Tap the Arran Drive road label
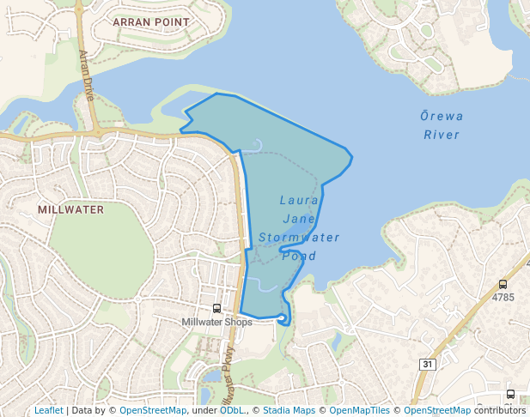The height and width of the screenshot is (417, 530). point(87,75)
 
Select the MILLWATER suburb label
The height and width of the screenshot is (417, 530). point(71,209)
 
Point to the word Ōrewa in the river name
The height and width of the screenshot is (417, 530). point(442,116)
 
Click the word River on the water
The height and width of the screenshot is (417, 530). point(442,135)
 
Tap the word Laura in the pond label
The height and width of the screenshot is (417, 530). point(300,200)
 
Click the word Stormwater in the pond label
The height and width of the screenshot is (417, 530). point(299,238)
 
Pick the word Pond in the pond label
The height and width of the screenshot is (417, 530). point(299,256)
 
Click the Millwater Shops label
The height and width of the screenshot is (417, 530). point(216,323)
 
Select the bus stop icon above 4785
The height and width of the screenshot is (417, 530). point(503,284)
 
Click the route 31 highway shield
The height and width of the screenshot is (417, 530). point(427,365)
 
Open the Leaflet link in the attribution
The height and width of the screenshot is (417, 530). point(48,410)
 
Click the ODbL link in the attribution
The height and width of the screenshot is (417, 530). point(231,410)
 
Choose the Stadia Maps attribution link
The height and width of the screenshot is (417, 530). point(287,410)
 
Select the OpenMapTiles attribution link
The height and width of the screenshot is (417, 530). point(359,410)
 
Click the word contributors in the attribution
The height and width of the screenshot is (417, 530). point(499,410)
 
